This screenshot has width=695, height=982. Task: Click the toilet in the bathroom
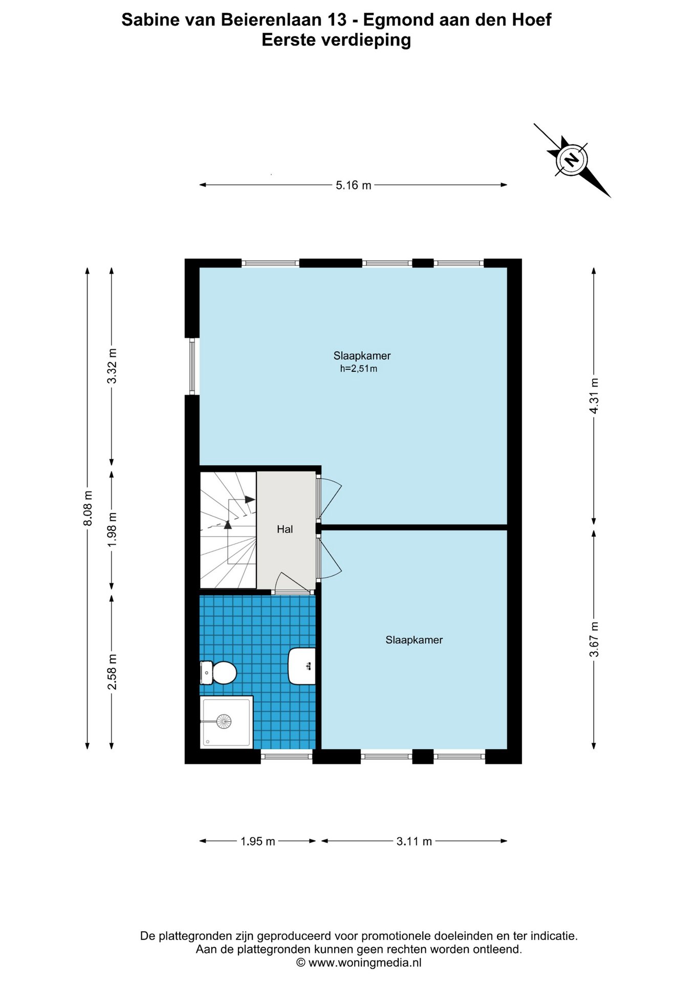click(x=218, y=673)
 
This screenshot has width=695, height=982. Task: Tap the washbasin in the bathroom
click(x=302, y=666)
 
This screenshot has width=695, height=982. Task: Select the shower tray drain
click(x=224, y=722)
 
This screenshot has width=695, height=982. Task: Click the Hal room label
click(x=285, y=529)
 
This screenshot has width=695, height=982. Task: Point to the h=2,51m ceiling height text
click(x=359, y=369)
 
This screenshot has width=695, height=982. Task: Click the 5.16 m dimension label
click(x=354, y=185)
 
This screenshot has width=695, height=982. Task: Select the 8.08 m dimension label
click(x=88, y=508)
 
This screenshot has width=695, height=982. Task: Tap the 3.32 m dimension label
click(x=112, y=366)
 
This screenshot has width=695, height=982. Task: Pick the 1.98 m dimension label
click(x=112, y=529)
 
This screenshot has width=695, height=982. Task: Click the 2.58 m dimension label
click(x=112, y=672)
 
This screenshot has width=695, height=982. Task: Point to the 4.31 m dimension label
click(x=594, y=396)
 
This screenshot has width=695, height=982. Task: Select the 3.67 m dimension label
click(x=594, y=639)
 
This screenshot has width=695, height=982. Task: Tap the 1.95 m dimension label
click(x=258, y=841)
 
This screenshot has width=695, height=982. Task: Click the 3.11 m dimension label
click(x=414, y=841)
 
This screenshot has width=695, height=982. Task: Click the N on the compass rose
click(x=572, y=159)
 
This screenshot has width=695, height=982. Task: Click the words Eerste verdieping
click(x=336, y=40)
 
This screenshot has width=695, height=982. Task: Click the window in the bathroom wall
click(x=287, y=756)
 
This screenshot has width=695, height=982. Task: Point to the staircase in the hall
click(x=228, y=530)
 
